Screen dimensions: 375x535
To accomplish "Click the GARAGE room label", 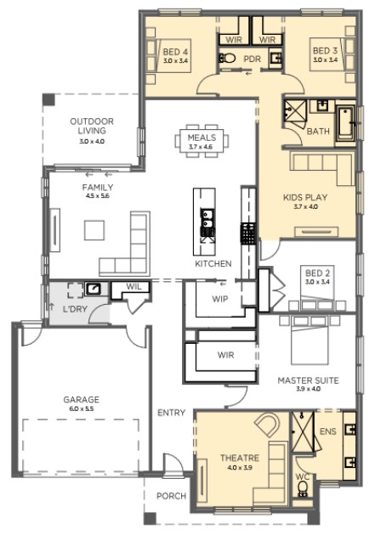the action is (82, 399).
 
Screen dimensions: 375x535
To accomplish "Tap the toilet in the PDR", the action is (227, 58).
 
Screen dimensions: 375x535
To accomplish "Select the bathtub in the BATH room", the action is (345, 122).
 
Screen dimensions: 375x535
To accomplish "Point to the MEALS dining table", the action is (202, 141).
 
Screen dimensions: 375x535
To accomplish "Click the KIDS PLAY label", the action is (305, 197).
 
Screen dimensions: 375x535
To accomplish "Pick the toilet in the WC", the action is (303, 491).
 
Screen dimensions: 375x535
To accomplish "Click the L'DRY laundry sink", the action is (93, 289).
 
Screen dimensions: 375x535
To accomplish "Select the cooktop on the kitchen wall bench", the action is (248, 234).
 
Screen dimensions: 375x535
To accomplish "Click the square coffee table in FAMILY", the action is (94, 230).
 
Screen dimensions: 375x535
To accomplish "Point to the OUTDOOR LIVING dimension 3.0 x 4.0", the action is (92, 141).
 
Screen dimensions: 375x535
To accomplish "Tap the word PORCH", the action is (171, 496).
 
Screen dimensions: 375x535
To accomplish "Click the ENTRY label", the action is (171, 413).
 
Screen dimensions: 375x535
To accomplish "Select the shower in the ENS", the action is (303, 432).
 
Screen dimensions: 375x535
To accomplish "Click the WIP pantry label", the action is (219, 299).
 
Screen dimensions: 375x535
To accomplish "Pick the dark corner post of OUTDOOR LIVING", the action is (48, 99).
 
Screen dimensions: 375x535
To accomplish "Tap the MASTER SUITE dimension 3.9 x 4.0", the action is (308, 389).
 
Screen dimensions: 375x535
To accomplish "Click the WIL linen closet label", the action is (134, 287).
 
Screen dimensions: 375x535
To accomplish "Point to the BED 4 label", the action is (175, 52).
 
